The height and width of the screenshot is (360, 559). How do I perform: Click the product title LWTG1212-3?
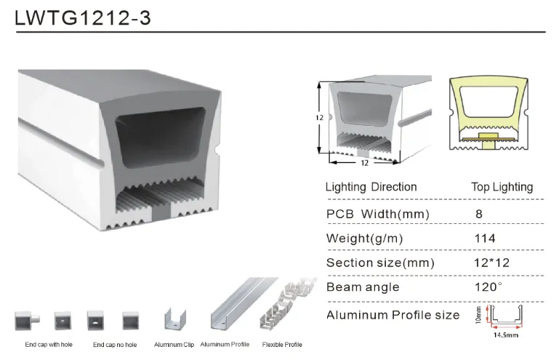point(83,18)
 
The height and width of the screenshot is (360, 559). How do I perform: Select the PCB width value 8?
point(479,214)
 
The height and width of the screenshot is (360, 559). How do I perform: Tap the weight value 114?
point(485,238)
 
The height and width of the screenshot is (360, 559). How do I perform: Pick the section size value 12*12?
point(491,263)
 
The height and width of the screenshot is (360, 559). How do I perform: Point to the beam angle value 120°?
point(488,287)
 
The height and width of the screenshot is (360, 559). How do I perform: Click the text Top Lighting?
point(502,187)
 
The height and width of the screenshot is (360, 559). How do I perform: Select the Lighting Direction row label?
point(371,187)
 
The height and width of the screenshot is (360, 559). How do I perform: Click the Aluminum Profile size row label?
point(393,315)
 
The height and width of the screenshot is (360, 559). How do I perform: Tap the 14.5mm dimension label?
point(505,335)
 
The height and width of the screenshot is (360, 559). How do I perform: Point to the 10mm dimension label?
point(478,315)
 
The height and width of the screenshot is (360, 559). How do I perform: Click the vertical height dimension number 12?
point(319,117)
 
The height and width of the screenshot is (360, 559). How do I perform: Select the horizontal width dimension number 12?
point(364,163)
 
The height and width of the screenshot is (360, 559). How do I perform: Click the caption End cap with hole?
point(49,345)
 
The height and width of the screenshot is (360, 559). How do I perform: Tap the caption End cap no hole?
point(115,345)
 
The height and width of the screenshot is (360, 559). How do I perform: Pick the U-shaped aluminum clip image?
point(175,319)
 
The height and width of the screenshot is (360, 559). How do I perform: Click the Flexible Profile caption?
point(282,345)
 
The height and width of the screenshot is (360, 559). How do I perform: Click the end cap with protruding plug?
point(27,321)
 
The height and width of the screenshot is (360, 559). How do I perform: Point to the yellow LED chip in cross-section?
point(488,136)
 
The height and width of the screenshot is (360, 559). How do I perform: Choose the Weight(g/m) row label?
point(364,239)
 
